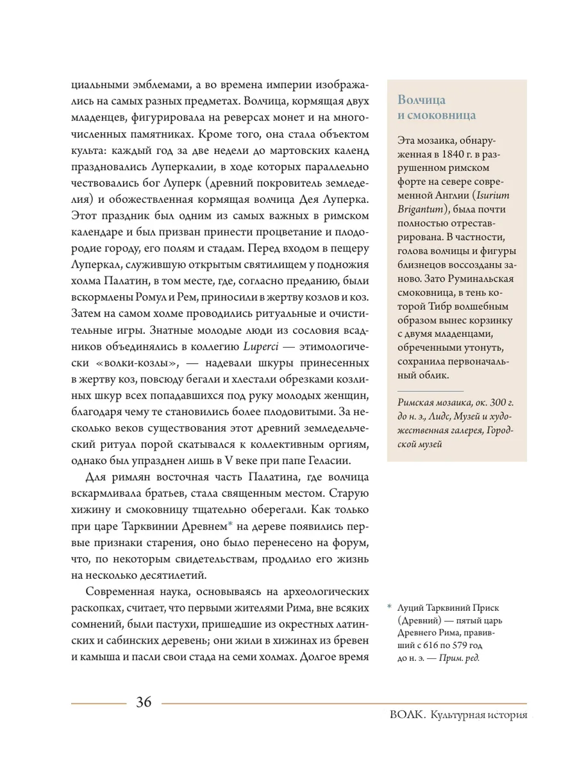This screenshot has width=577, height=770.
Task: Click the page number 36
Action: click(x=144, y=703)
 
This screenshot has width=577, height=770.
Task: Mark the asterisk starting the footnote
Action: click(x=389, y=607)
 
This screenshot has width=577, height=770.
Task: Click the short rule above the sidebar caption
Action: click(x=430, y=390)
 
